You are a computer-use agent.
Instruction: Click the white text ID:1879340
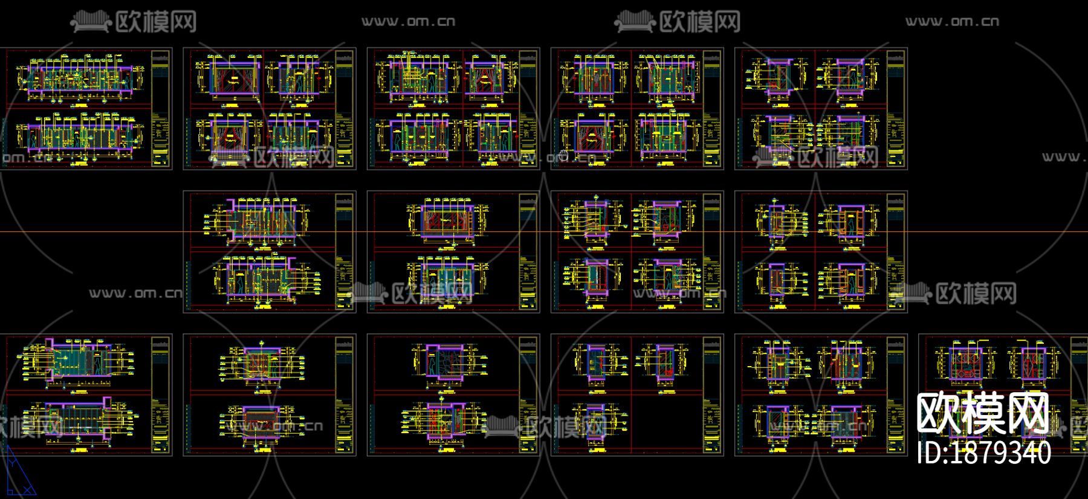point(983,453)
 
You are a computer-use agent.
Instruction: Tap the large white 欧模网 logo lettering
point(983,413)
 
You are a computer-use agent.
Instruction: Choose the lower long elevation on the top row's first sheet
point(79,135)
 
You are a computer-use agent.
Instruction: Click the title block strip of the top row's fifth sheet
point(897,109)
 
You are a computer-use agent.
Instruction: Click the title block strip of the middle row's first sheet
point(345,252)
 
